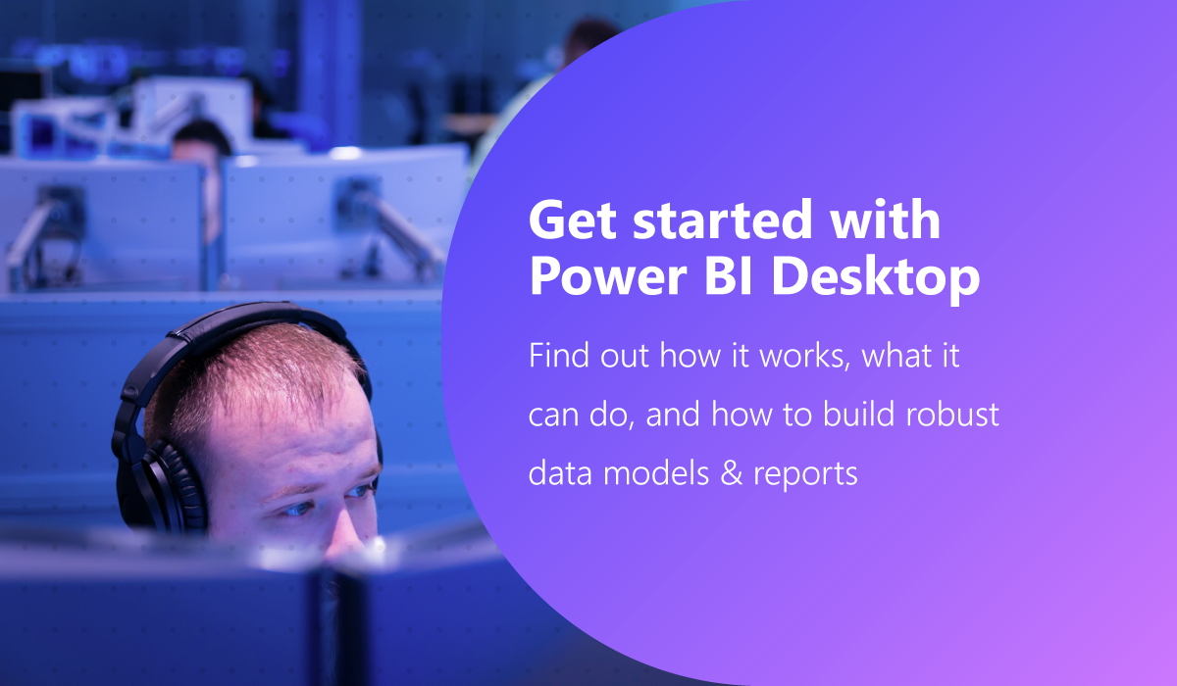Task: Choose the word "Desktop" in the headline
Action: [x=875, y=280]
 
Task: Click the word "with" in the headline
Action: [x=886, y=222]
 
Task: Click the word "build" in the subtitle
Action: [x=845, y=415]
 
